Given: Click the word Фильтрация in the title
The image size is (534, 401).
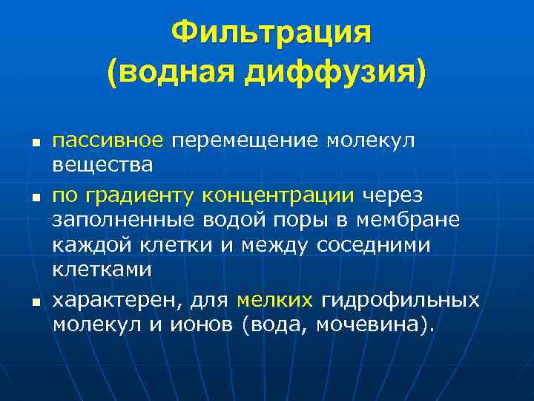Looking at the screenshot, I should pos(271,33).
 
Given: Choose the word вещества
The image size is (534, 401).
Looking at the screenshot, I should pos(102,163).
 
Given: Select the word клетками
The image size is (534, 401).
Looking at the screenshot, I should pos(102,270).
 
